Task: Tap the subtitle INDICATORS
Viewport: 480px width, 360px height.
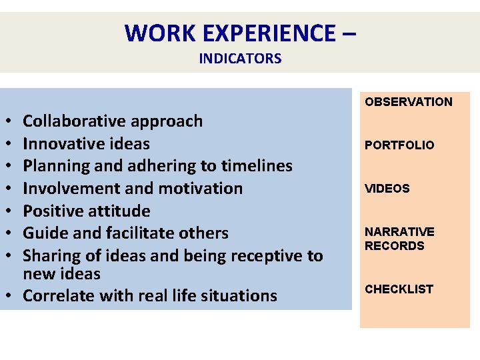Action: (240, 59)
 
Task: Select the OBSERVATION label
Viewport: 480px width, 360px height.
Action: (408, 102)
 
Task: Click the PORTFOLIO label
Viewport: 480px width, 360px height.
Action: (399, 145)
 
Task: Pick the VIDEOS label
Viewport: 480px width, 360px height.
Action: (387, 189)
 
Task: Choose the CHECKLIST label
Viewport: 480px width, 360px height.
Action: (398, 289)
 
